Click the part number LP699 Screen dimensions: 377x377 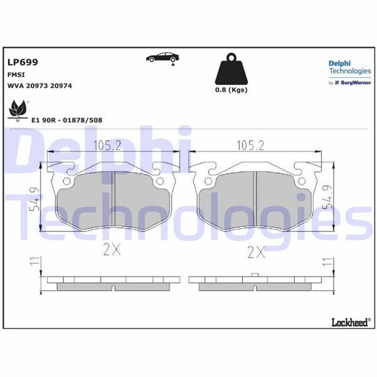(x=23, y=62)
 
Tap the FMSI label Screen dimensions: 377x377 (x=16, y=74)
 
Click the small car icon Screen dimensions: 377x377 (x=161, y=58)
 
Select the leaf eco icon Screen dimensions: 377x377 (x=18, y=111)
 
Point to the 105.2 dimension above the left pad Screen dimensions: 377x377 (x=107, y=146)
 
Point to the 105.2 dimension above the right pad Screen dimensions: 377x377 (x=250, y=146)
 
